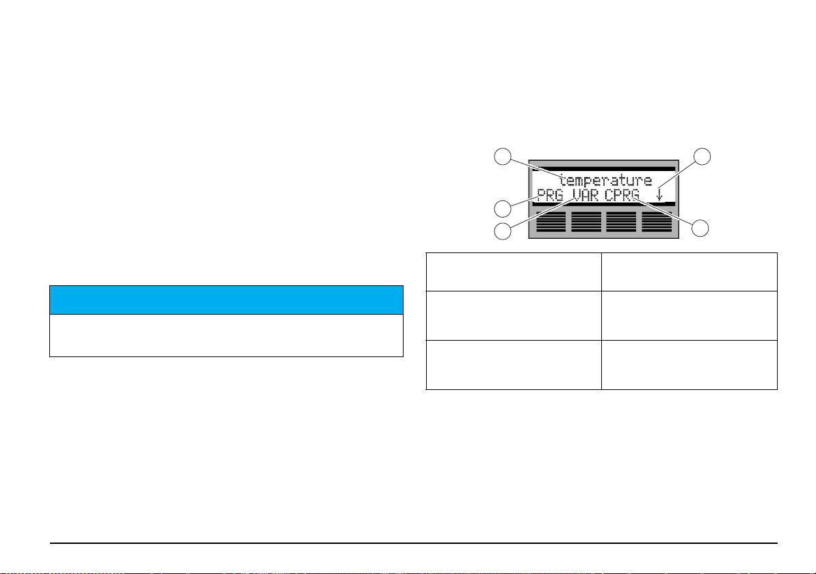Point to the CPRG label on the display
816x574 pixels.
[623, 196]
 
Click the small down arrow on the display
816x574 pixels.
[659, 196]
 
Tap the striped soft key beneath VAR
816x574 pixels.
[586, 222]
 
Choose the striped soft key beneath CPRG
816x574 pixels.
[622, 222]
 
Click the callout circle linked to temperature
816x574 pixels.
[503, 157]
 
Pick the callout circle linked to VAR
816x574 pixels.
[503, 231]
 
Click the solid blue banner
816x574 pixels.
[225, 300]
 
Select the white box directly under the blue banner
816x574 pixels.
[225, 335]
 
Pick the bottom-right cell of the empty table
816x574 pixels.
[689, 365]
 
